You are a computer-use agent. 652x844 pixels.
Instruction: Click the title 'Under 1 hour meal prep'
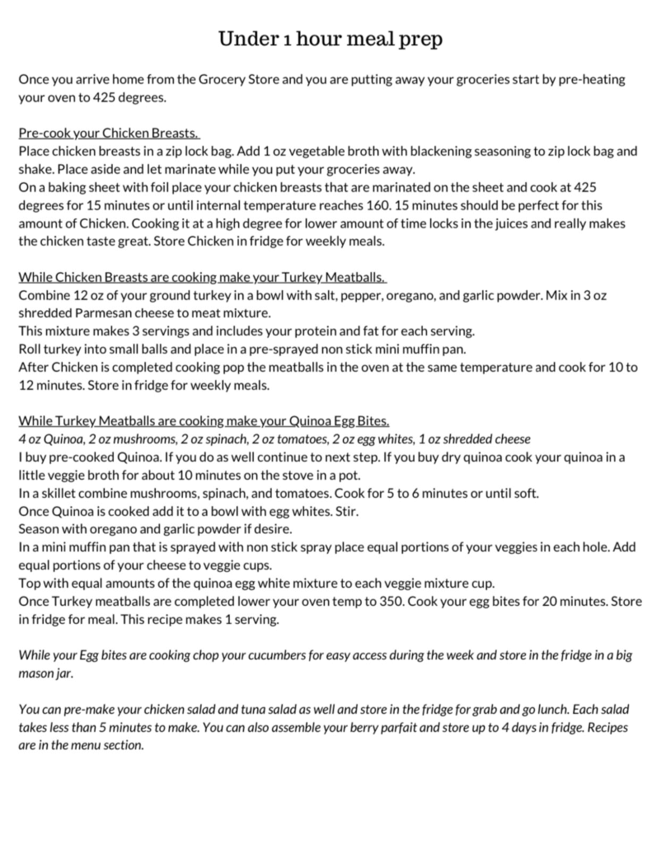point(325,39)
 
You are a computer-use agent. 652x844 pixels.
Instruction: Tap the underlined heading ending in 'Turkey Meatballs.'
point(203,277)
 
